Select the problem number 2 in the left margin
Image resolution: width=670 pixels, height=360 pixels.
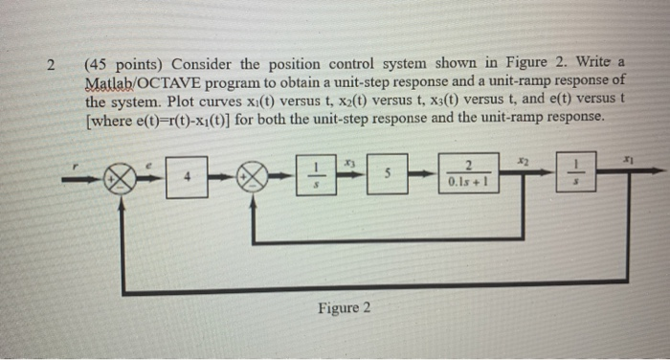[x=55, y=65]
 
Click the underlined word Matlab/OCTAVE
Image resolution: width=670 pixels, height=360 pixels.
[x=145, y=83]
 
